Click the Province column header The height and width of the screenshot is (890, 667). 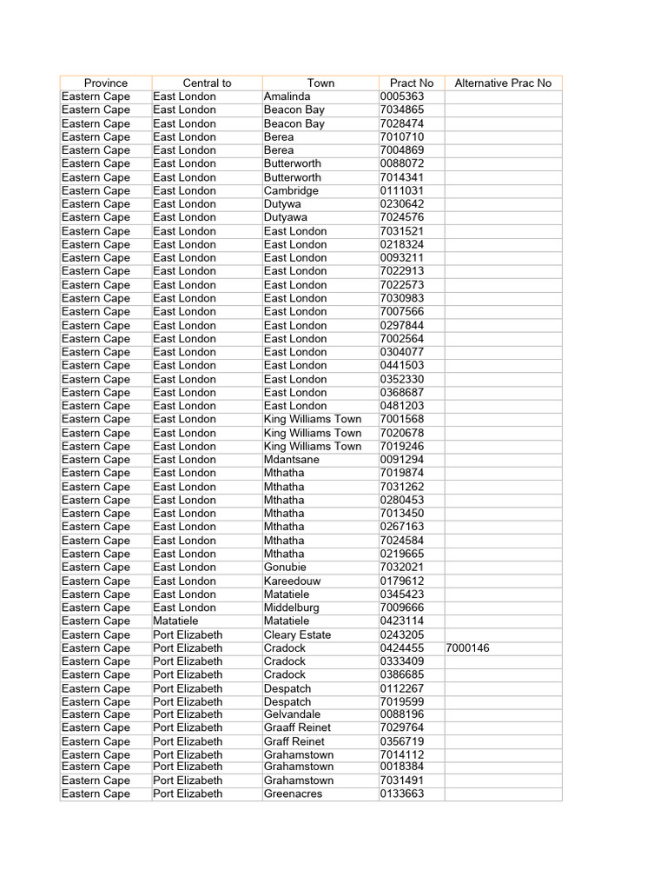pyautogui.click(x=106, y=83)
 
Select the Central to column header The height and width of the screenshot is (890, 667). pyautogui.click(x=207, y=83)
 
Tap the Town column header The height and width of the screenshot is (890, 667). pyautogui.click(x=320, y=83)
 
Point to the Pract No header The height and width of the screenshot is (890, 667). pyautogui.click(x=412, y=83)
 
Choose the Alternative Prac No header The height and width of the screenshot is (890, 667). pyautogui.click(x=503, y=83)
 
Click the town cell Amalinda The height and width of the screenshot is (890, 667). pyautogui.click(x=287, y=96)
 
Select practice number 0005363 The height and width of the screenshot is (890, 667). pyautogui.click(x=401, y=96)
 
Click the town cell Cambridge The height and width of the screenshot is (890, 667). pyautogui.click(x=291, y=190)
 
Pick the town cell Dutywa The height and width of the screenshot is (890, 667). pyautogui.click(x=283, y=204)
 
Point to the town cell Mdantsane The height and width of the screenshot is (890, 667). pyautogui.click(x=292, y=460)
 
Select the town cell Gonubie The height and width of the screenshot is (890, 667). pyautogui.click(x=285, y=568)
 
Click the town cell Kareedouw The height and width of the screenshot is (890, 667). pyautogui.click(x=291, y=581)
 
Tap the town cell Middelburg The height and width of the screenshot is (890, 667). pyautogui.click(x=292, y=608)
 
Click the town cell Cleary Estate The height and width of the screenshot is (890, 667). pyautogui.click(x=297, y=635)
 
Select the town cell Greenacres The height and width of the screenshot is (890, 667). pyautogui.click(x=293, y=794)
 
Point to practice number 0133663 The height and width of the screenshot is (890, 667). pyautogui.click(x=401, y=794)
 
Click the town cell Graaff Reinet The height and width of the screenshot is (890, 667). pyautogui.click(x=297, y=727)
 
